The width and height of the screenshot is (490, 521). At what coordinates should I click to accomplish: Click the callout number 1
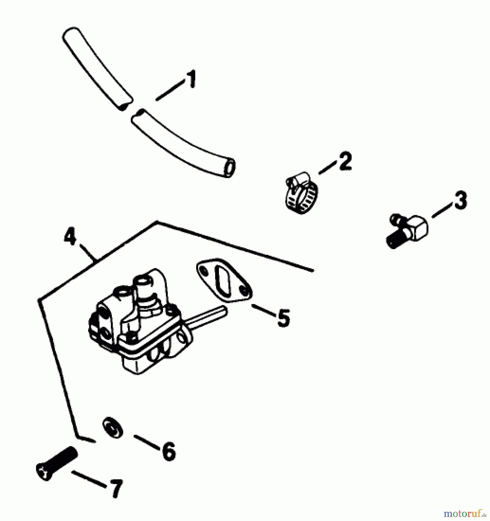pyautogui.click(x=191, y=79)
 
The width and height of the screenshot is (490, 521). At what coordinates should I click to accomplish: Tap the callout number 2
pyautogui.click(x=345, y=162)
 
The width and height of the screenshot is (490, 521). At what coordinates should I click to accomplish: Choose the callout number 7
pyautogui.click(x=115, y=488)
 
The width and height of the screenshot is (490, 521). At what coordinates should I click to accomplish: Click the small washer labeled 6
pyautogui.click(x=112, y=429)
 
